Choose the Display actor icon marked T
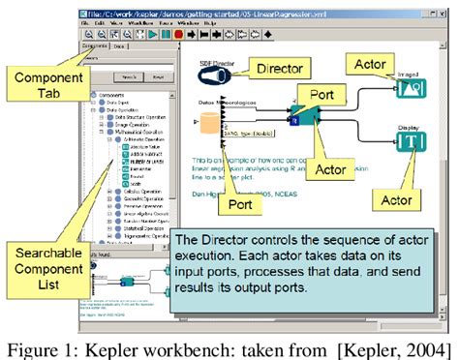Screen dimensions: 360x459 click(x=407, y=146)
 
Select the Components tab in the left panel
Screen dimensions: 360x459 click(x=93, y=45)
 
